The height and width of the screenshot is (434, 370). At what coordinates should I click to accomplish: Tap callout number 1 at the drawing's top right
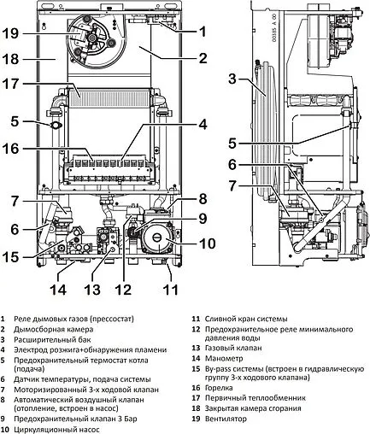tap(203, 30)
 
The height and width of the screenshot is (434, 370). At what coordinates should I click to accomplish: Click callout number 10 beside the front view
tap(206, 244)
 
